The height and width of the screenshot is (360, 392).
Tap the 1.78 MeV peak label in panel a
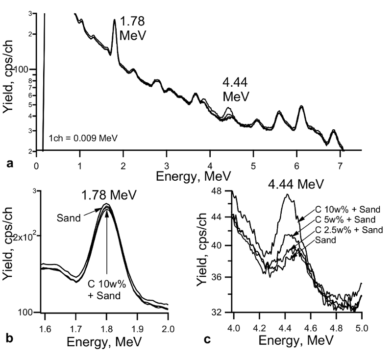pos(134,29)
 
